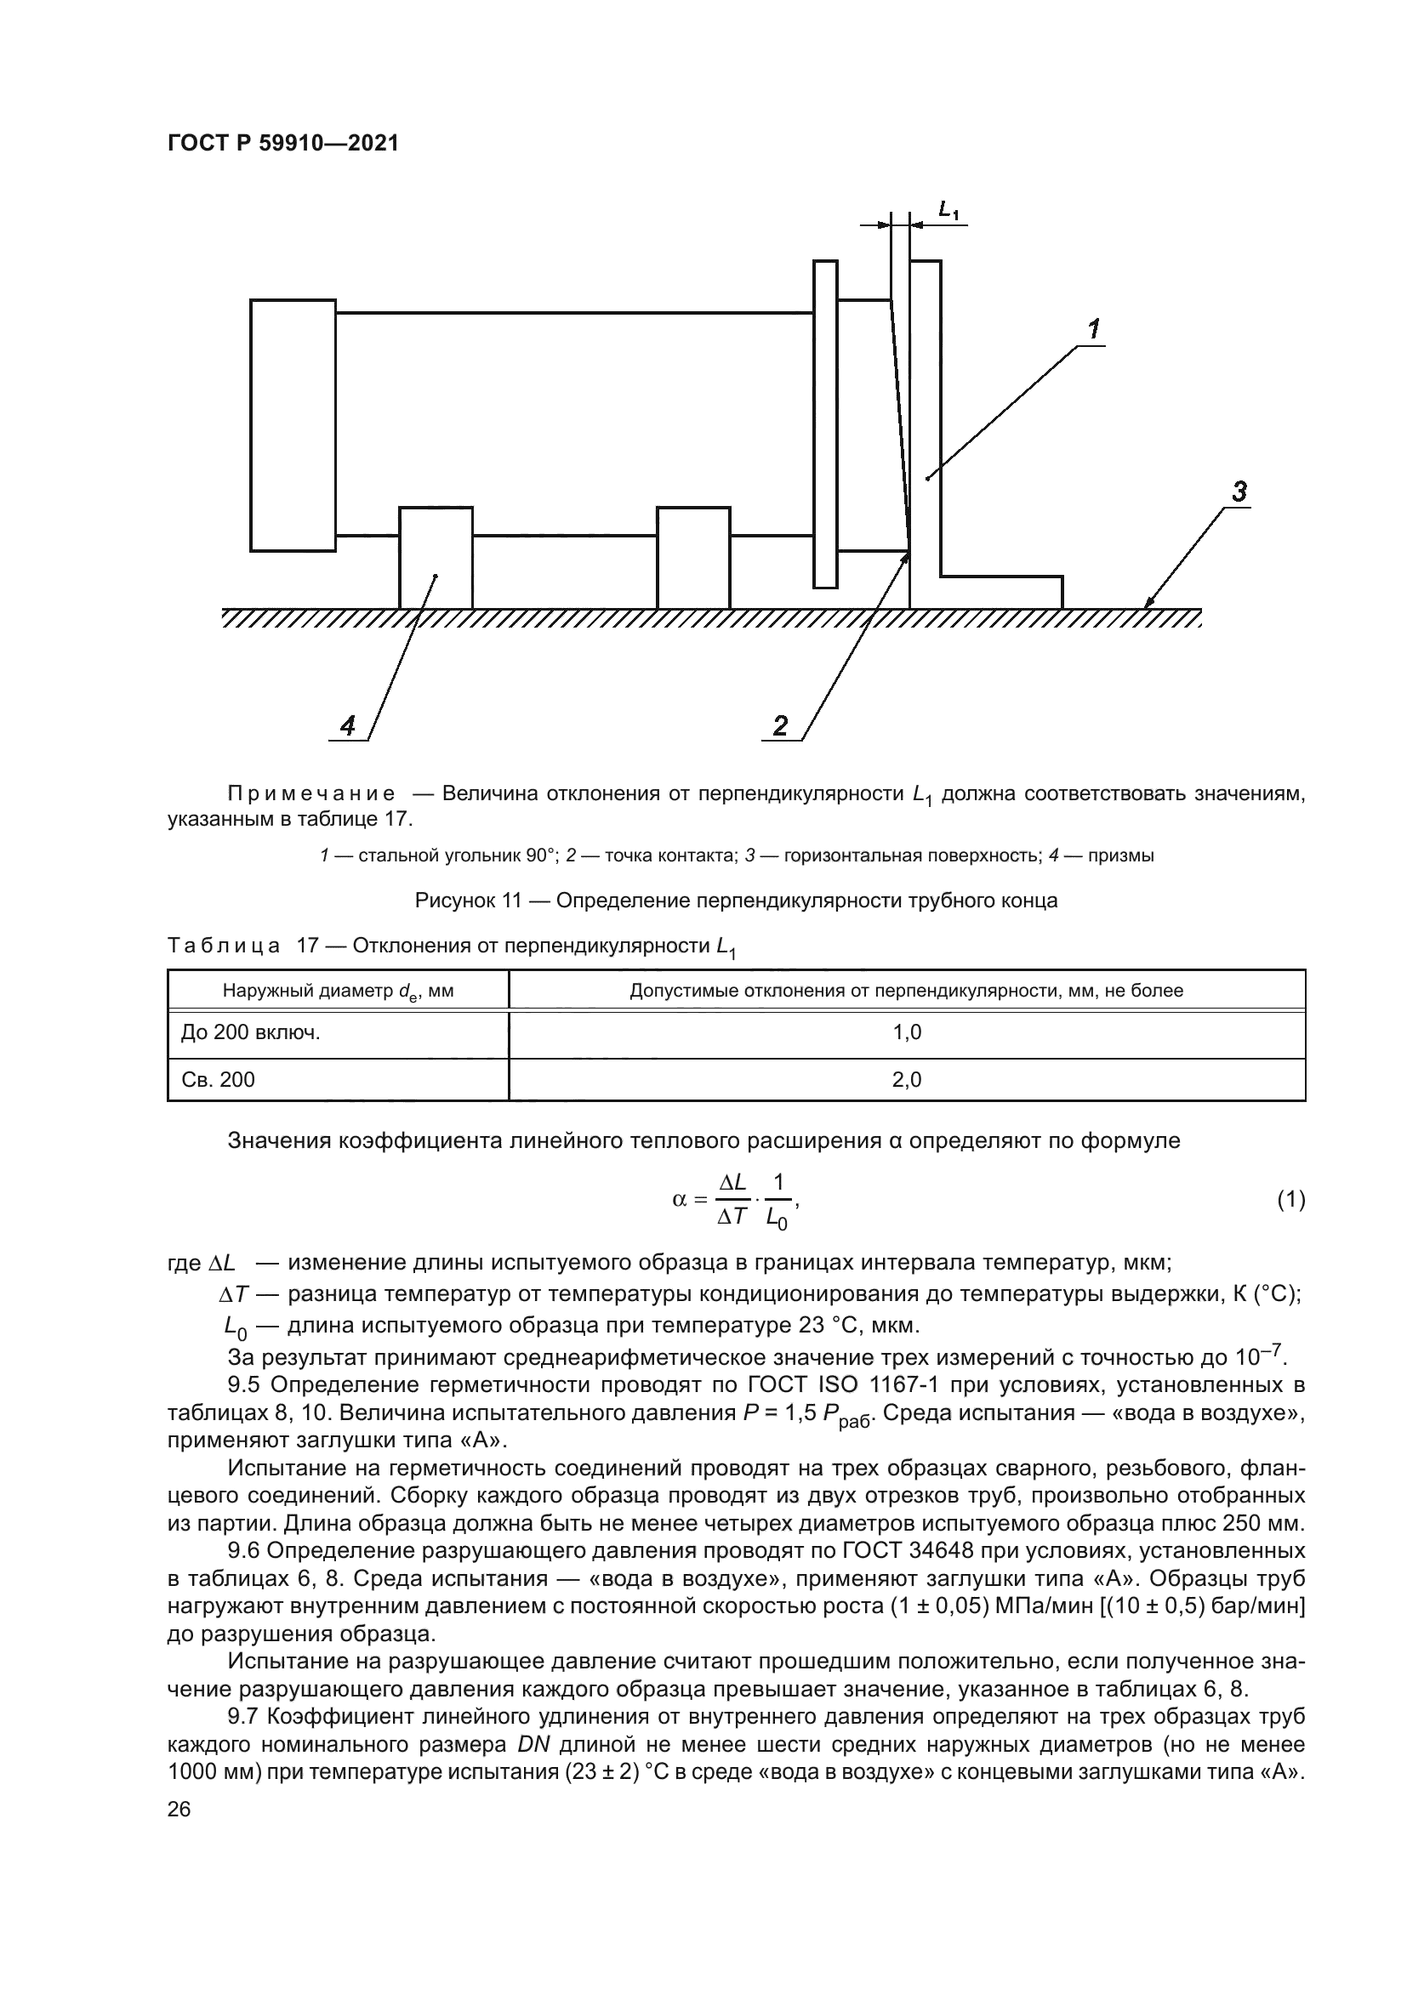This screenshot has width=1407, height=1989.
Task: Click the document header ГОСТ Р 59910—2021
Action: (x=282, y=144)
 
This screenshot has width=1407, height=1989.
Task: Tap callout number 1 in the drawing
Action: (x=1093, y=329)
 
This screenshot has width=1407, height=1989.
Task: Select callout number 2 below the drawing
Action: (x=780, y=725)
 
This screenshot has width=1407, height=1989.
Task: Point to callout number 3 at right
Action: (x=1239, y=492)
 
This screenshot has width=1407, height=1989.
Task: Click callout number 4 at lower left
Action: (x=347, y=725)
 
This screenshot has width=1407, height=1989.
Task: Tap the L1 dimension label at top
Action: (x=948, y=209)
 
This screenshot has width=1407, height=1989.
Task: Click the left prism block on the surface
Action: (x=436, y=558)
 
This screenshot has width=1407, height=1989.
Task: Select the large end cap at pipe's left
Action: (x=293, y=424)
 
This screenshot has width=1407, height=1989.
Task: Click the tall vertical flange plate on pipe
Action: (x=825, y=424)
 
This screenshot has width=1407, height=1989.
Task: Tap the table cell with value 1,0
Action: (x=906, y=1032)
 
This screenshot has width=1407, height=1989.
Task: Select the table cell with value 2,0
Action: (x=906, y=1079)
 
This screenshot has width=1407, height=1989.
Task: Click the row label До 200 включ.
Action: (x=250, y=1032)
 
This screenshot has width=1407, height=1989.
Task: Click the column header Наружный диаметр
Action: (x=338, y=990)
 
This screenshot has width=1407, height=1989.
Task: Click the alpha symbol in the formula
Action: (x=679, y=1200)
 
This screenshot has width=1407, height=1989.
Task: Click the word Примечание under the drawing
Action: (x=311, y=793)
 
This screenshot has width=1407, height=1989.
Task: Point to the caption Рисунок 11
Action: (x=468, y=900)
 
